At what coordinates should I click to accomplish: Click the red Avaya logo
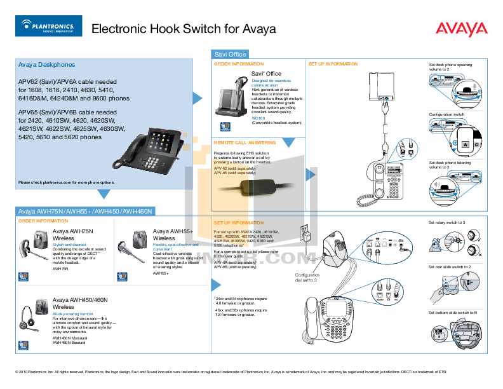tap(461, 29)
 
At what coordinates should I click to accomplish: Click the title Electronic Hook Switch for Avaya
tap(184, 29)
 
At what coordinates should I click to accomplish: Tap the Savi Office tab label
tap(230, 54)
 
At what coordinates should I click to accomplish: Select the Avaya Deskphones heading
tap(46, 65)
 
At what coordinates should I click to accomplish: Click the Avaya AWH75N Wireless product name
tap(72, 235)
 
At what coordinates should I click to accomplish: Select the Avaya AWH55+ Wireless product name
tap(172, 235)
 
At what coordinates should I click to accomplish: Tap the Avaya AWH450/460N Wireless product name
tap(80, 303)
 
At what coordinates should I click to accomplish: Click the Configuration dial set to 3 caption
tap(306, 277)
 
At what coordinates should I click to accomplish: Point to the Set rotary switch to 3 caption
tap(446, 222)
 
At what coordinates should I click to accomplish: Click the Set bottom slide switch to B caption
tap(452, 313)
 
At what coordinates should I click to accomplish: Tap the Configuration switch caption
tap(446, 114)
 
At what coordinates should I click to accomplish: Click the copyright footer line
tap(251, 371)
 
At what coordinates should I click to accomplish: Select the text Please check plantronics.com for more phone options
tap(66, 182)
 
